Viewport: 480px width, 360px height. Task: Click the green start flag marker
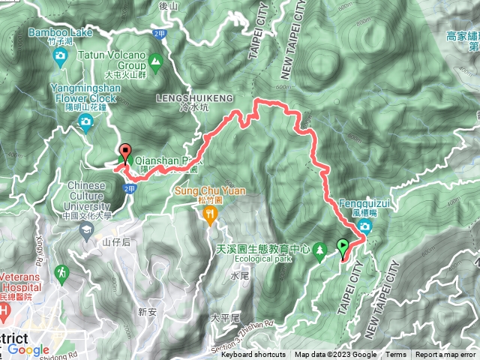343,247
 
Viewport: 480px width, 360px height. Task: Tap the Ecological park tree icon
319,248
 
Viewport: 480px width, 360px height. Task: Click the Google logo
28,350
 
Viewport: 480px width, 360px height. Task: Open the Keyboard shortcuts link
253,355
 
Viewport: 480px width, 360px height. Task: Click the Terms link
396,355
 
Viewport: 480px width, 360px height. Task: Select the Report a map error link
446,355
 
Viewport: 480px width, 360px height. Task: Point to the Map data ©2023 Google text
336,355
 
